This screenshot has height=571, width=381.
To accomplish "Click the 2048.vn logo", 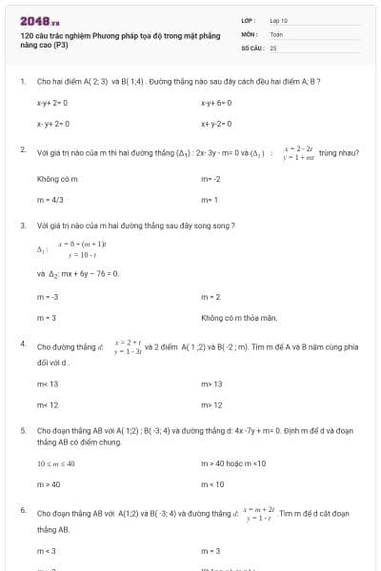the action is pyautogui.click(x=39, y=20).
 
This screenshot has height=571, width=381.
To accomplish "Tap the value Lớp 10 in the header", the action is pyautogui.click(x=278, y=20).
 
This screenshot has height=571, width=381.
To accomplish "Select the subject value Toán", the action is pyautogui.click(x=276, y=33).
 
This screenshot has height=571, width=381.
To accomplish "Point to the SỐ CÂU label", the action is pyautogui.click(x=251, y=47).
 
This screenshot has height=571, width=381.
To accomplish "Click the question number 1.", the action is pyautogui.click(x=22, y=81).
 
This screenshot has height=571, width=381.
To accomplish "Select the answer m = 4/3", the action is pyautogui.click(x=48, y=200).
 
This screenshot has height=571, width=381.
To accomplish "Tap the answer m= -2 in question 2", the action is pyautogui.click(x=211, y=178).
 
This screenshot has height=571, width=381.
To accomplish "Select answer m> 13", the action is pyautogui.click(x=211, y=384).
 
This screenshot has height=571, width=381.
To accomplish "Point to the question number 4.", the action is pyautogui.click(x=22, y=343).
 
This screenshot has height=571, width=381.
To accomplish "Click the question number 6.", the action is pyautogui.click(x=22, y=511).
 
